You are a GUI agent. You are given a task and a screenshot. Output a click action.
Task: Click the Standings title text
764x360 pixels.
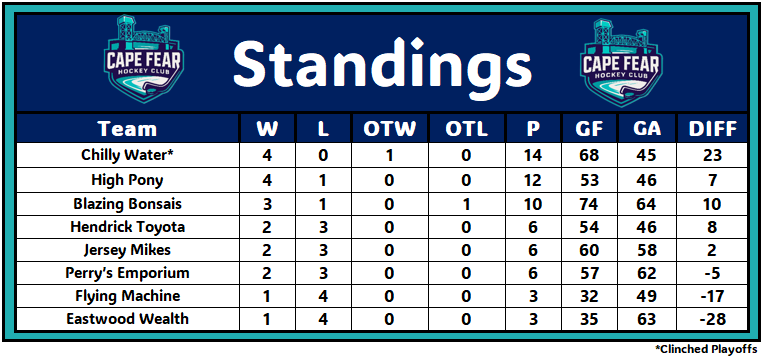click(x=382, y=64)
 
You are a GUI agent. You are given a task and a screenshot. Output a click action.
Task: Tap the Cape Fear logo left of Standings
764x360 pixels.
click(x=144, y=59)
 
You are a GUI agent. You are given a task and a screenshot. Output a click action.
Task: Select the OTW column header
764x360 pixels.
click(x=389, y=129)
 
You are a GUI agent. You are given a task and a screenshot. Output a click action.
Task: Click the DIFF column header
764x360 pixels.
click(x=712, y=129)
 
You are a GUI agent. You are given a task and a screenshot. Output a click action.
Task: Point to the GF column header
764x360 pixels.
click(x=590, y=129)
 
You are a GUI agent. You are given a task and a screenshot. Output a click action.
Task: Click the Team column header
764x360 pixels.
click(x=128, y=129)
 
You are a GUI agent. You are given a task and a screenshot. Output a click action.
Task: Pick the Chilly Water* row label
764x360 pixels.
click(x=128, y=155)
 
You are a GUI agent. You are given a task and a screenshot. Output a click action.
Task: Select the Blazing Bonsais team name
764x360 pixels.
click(x=128, y=203)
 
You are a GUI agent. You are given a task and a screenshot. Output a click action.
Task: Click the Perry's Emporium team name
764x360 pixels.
click(x=128, y=273)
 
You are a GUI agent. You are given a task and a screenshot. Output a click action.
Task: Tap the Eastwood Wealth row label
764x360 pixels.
click(x=128, y=319)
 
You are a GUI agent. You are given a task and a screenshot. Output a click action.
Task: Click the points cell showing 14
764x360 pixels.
click(x=534, y=156)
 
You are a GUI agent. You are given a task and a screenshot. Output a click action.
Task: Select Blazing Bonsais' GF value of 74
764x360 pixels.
click(x=590, y=204)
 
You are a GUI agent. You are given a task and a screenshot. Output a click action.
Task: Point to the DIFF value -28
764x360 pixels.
click(x=712, y=320)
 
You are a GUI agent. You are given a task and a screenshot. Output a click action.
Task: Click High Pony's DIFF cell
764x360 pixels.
click(x=712, y=180)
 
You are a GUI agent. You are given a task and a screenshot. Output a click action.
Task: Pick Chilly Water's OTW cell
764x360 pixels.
click(x=389, y=156)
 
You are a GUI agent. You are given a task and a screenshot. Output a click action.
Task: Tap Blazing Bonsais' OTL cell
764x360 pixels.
click(x=466, y=204)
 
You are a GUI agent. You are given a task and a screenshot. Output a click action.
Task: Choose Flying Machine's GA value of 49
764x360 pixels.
click(x=647, y=296)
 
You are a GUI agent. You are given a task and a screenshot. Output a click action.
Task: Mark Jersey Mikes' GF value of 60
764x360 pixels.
click(x=590, y=250)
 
